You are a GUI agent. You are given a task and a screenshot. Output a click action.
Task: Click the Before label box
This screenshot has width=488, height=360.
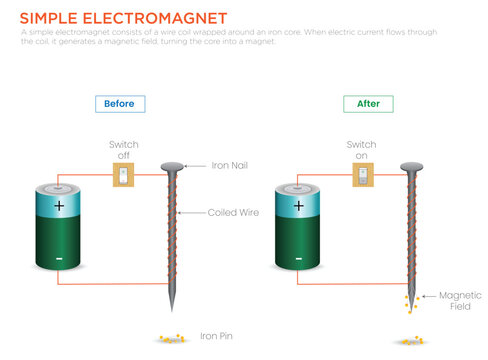pos(121,103)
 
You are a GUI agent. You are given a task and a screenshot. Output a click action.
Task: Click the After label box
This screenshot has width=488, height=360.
pos(368,103)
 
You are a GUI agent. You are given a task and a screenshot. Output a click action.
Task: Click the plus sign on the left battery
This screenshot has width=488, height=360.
pos(59,206)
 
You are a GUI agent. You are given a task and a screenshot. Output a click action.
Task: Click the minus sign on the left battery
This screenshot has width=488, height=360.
pos(59,258)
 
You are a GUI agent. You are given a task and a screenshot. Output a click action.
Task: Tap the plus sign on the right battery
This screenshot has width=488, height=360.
pos(297,206)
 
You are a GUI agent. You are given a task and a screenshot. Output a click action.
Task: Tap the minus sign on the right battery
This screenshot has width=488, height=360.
pos(297,258)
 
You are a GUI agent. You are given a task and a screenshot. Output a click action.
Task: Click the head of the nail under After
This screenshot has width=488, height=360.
pos(410,166)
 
